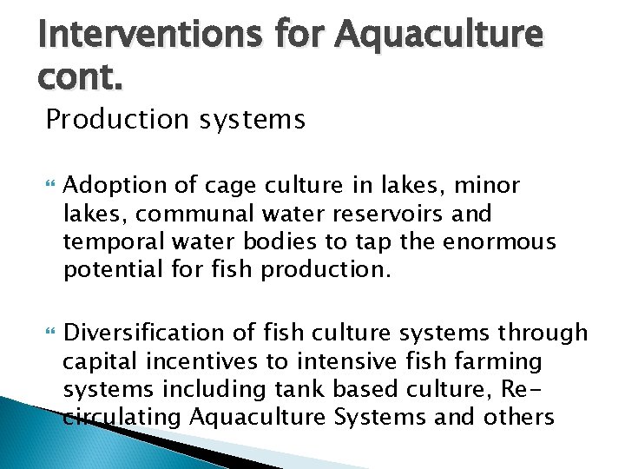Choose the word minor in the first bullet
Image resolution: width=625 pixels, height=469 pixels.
(487, 186)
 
